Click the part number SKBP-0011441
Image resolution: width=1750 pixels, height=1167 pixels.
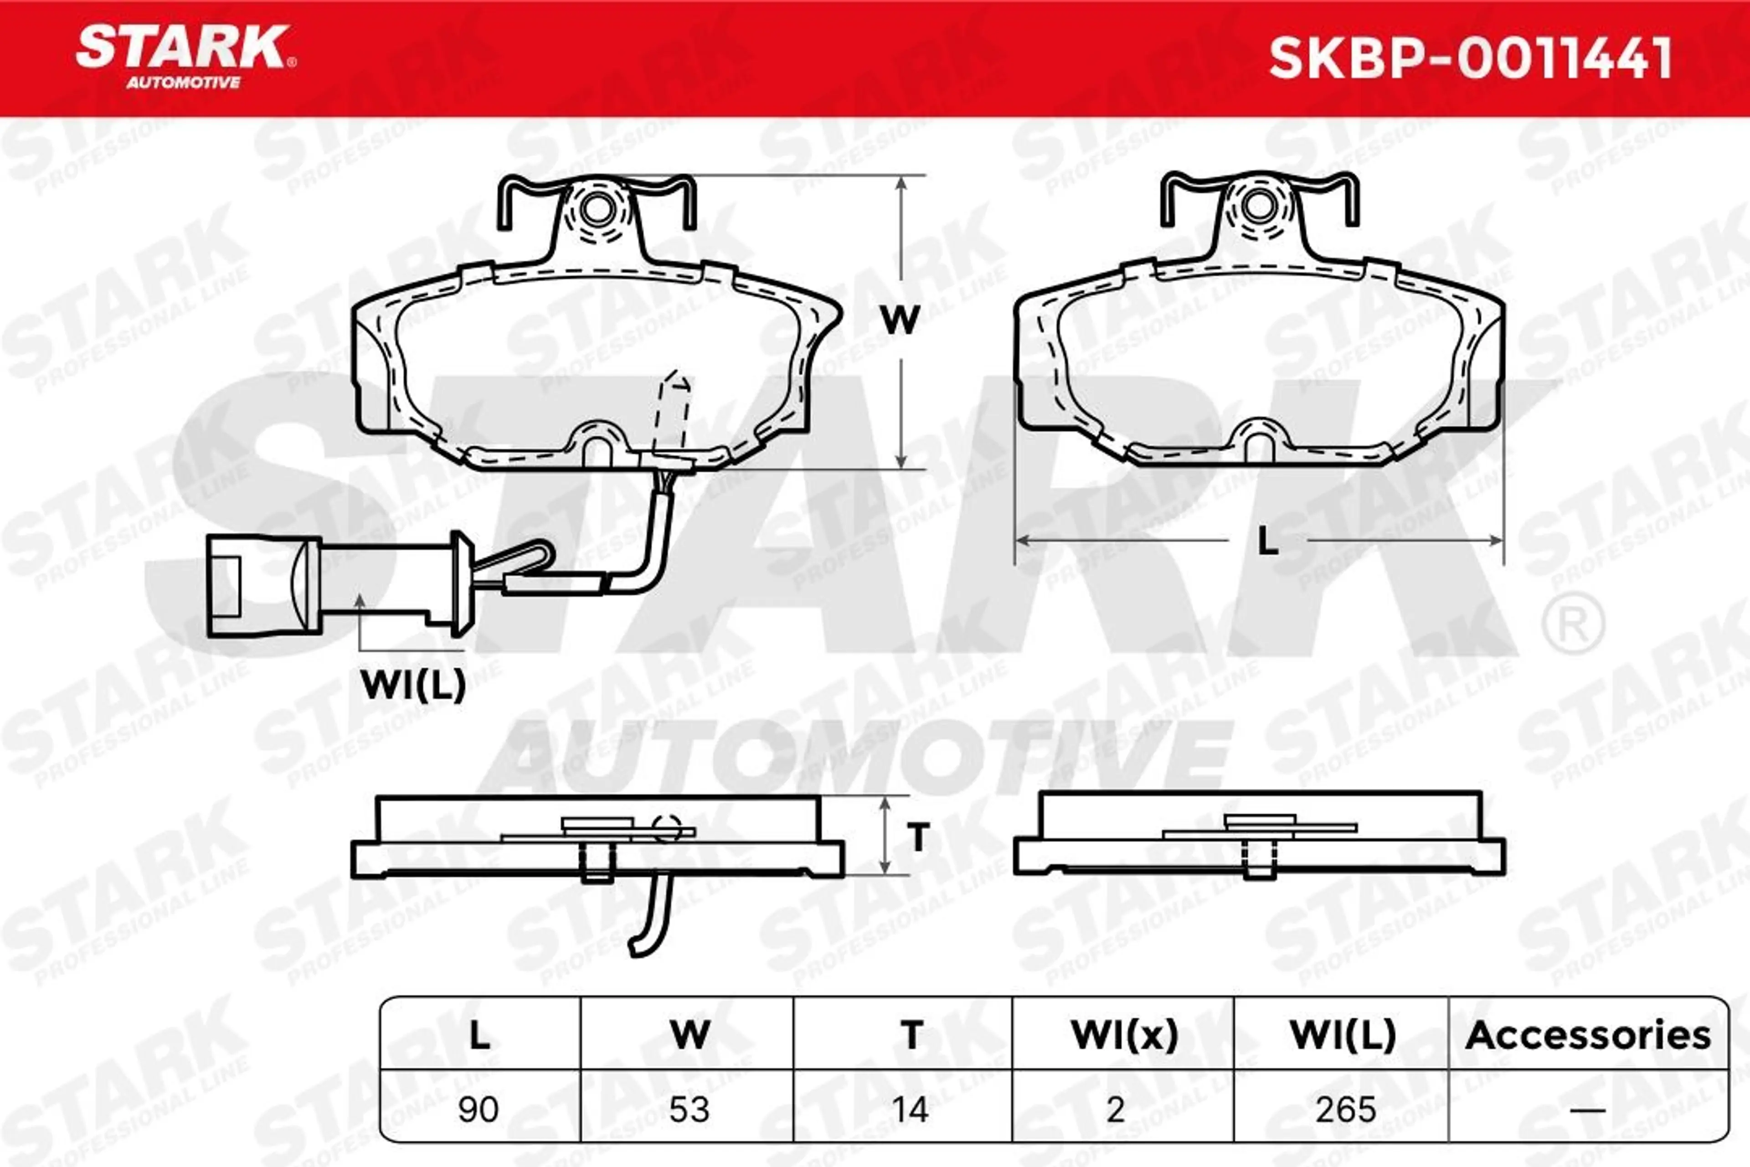(1470, 58)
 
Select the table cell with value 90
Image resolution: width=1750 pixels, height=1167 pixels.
(479, 1110)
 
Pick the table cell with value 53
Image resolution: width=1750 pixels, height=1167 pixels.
(688, 1110)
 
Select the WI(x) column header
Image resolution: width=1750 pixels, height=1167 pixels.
(1124, 1034)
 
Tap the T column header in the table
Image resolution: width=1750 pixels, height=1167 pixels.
(911, 1034)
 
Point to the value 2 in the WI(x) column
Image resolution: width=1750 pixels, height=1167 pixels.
(1115, 1110)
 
